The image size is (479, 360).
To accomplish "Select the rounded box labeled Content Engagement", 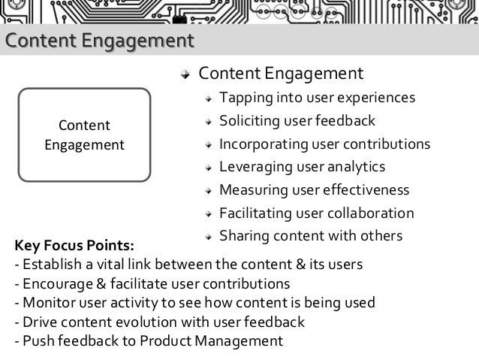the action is point(85,135).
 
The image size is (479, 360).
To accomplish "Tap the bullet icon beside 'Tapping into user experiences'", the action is point(209,99).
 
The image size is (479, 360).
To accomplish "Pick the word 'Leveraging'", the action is point(250,166).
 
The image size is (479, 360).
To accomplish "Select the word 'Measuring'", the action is point(250,189).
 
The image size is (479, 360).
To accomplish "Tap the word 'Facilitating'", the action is point(254,212).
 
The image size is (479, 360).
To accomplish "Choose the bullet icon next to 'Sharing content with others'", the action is point(209,237).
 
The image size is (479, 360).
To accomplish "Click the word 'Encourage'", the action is point(56,284).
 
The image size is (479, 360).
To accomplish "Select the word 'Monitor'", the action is point(47,304).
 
